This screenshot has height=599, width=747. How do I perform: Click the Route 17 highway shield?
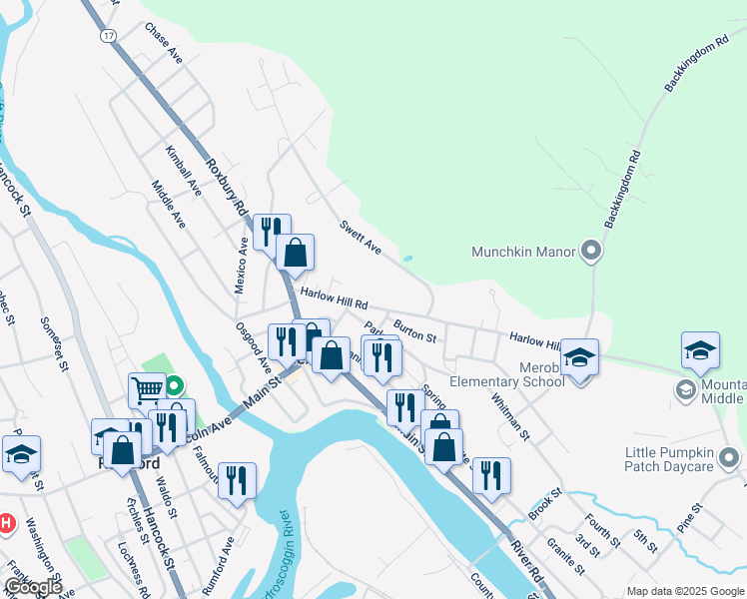click(x=106, y=35)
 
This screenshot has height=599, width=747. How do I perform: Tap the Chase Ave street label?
click(x=164, y=43)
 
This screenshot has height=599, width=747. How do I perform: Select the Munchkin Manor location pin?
click(x=591, y=251)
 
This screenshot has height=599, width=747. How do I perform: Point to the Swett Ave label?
click(x=362, y=237)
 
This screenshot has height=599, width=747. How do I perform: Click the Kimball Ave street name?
click(x=185, y=171)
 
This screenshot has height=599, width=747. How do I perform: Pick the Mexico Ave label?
click(x=241, y=265)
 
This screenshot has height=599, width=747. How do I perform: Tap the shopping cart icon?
click(x=147, y=389)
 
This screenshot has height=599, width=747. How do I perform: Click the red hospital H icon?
click(x=7, y=522)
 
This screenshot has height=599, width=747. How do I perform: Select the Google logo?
click(x=32, y=587)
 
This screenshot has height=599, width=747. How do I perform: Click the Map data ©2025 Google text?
click(x=685, y=591)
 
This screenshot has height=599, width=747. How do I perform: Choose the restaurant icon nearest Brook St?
click(x=490, y=474)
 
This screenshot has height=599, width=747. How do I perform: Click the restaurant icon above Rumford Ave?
click(x=237, y=480)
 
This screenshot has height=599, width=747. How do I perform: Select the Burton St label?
click(x=414, y=331)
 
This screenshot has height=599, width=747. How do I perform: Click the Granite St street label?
click(x=565, y=557)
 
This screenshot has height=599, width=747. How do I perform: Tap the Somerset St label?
click(x=52, y=343)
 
